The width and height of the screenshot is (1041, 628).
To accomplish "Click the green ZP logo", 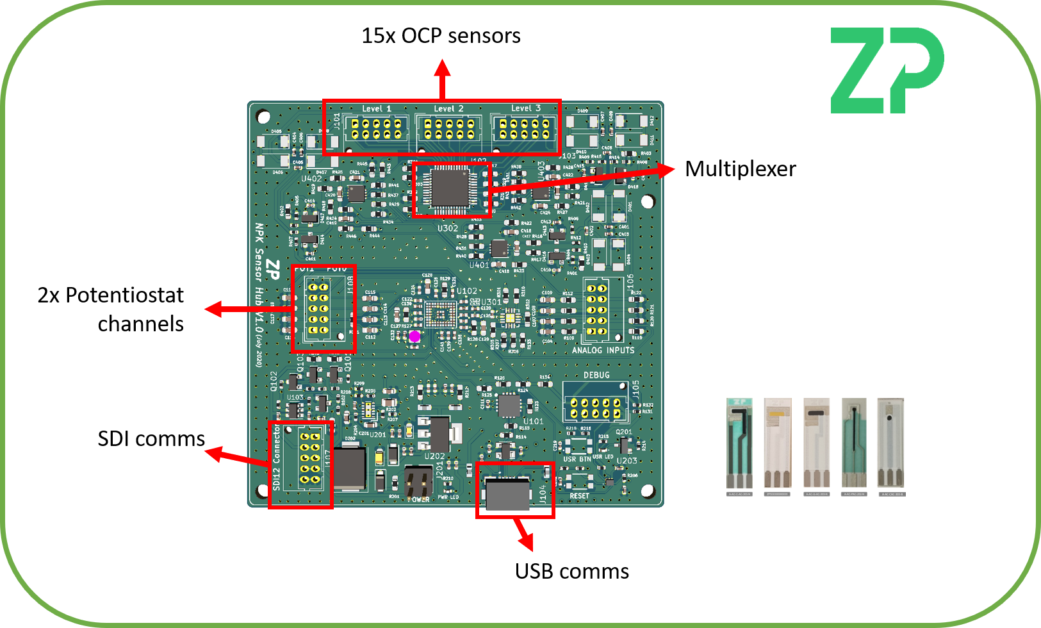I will tap(887, 70).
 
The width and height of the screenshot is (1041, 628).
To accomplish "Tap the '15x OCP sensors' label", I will tap(441, 36).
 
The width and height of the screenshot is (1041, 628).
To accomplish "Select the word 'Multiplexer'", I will tap(740, 169).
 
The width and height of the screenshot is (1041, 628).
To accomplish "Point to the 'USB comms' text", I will tap(571, 571).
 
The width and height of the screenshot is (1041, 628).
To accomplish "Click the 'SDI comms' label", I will tap(151, 439).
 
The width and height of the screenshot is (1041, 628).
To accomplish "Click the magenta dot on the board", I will tap(414, 336).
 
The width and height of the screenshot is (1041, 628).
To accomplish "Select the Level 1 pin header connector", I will tap(376, 129).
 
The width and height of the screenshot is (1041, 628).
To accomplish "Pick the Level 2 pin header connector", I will tap(448, 129).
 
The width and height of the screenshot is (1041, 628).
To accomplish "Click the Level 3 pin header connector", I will tap(524, 129).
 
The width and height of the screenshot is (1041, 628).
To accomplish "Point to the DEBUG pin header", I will tap(595, 408).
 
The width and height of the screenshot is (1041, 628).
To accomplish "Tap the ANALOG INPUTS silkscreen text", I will tap(603, 350).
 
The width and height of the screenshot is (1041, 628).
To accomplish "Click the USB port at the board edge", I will tap(508, 494).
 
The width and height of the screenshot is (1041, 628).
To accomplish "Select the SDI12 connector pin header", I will tap(310, 458).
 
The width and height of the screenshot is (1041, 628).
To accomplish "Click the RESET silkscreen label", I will tap(579, 496).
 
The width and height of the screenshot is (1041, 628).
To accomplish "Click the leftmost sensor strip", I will tap(739, 445).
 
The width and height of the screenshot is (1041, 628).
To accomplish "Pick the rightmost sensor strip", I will tap(890, 445).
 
